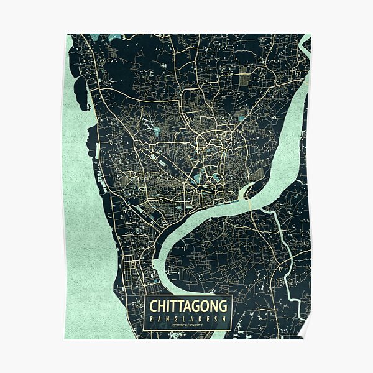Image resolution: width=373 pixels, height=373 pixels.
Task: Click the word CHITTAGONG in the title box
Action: click(x=188, y=306)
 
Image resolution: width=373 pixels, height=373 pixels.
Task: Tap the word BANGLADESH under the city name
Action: click(x=188, y=319)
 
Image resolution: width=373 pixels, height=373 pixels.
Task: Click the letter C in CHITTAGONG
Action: click(x=153, y=306)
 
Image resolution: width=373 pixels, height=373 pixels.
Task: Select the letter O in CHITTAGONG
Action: click(x=206, y=306)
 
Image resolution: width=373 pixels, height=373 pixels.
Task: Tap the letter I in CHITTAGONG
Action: click(x=169, y=306)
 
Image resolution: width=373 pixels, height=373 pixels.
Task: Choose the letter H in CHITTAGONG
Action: click(x=162, y=306)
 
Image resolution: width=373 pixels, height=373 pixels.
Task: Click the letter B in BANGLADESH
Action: click(x=151, y=319)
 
